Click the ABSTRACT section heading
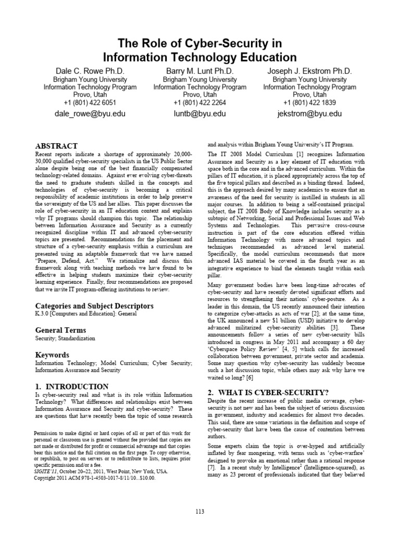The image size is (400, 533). (56, 146)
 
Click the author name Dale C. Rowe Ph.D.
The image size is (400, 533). (90, 71)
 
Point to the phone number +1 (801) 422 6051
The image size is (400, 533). (90, 103)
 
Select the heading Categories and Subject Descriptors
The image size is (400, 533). (94, 306)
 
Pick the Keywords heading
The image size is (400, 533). (52, 354)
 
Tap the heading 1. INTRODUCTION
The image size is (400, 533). (72, 386)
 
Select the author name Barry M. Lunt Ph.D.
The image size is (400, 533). (199, 71)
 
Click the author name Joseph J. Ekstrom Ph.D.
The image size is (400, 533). (309, 71)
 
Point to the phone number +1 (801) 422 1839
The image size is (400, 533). (309, 103)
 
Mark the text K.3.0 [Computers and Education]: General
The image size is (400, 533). (86, 314)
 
